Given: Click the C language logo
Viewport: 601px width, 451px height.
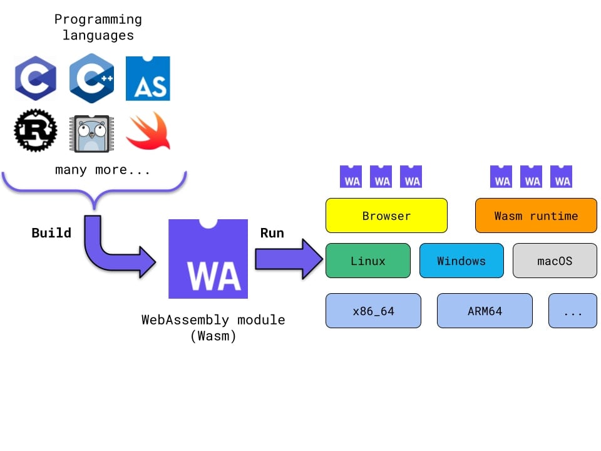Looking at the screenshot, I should tap(35, 78).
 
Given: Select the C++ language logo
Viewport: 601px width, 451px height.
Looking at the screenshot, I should tap(91, 78).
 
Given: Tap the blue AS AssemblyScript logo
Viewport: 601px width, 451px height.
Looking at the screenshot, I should tap(148, 78).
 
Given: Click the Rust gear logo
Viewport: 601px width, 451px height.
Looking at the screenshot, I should tap(35, 131).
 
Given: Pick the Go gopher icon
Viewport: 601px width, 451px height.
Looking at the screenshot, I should tap(91, 133).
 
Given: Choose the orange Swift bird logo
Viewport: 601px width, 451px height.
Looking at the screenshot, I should tap(148, 132).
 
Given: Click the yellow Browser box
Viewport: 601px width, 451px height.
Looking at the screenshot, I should tap(386, 215).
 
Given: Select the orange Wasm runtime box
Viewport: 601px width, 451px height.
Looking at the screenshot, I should tap(536, 215).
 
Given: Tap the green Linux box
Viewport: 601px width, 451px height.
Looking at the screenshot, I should tap(367, 261).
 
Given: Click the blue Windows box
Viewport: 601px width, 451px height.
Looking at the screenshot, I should tap(461, 261).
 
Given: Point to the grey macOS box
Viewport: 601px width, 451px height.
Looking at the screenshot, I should tap(554, 261).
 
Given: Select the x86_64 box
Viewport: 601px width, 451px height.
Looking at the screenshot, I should tap(373, 311).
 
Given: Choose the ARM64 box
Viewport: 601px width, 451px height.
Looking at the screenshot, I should tap(485, 311).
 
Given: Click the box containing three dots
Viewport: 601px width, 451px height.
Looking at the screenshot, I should tap(572, 311).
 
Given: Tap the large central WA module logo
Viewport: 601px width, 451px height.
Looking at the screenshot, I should tap(208, 259).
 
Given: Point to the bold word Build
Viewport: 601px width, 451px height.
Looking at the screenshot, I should tap(51, 233).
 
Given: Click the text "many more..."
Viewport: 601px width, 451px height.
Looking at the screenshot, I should tap(103, 170).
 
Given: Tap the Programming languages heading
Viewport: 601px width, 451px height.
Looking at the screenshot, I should tap(98, 28).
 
